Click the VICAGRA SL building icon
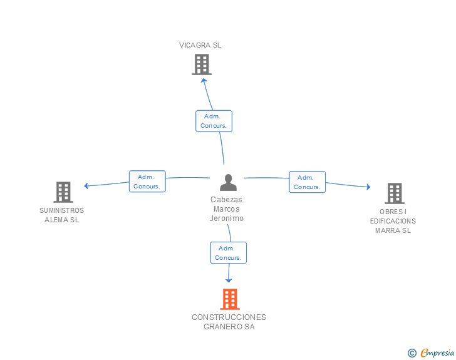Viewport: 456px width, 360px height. pyautogui.click(x=202, y=64)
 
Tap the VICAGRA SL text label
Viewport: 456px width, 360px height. pyautogui.click(x=200, y=45)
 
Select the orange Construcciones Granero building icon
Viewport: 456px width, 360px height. pyautogui.click(x=230, y=299)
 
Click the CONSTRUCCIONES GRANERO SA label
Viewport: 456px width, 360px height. pyautogui.click(x=229, y=322)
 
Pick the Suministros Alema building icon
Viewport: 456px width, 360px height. pyautogui.click(x=63, y=192)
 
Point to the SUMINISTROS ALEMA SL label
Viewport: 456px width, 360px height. pyautogui.click(x=61, y=215)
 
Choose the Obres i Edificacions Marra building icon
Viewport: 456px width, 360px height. pyautogui.click(x=395, y=193)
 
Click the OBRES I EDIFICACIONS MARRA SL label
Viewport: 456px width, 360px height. pyautogui.click(x=393, y=221)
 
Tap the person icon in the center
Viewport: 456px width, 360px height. pyautogui.click(x=228, y=182)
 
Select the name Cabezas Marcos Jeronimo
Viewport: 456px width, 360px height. pyautogui.click(x=227, y=209)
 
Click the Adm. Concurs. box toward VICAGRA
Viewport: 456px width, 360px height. pyautogui.click(x=214, y=121)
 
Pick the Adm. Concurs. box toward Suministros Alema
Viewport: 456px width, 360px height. pyautogui.click(x=147, y=182)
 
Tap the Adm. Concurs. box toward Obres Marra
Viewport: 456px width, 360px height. pyautogui.click(x=307, y=182)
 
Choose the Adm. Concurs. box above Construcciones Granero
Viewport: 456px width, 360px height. pyautogui.click(x=228, y=253)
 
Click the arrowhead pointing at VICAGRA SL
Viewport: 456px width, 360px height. pyautogui.click(x=204, y=81)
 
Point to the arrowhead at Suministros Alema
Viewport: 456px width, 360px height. pyautogui.click(x=86, y=186)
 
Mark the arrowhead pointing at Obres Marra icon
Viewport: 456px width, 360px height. pyautogui.click(x=368, y=187)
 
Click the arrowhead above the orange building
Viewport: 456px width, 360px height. pyautogui.click(x=229, y=280)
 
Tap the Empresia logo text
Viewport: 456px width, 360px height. pyautogui.click(x=437, y=352)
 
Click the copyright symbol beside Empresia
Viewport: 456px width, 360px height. pyautogui.click(x=412, y=353)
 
